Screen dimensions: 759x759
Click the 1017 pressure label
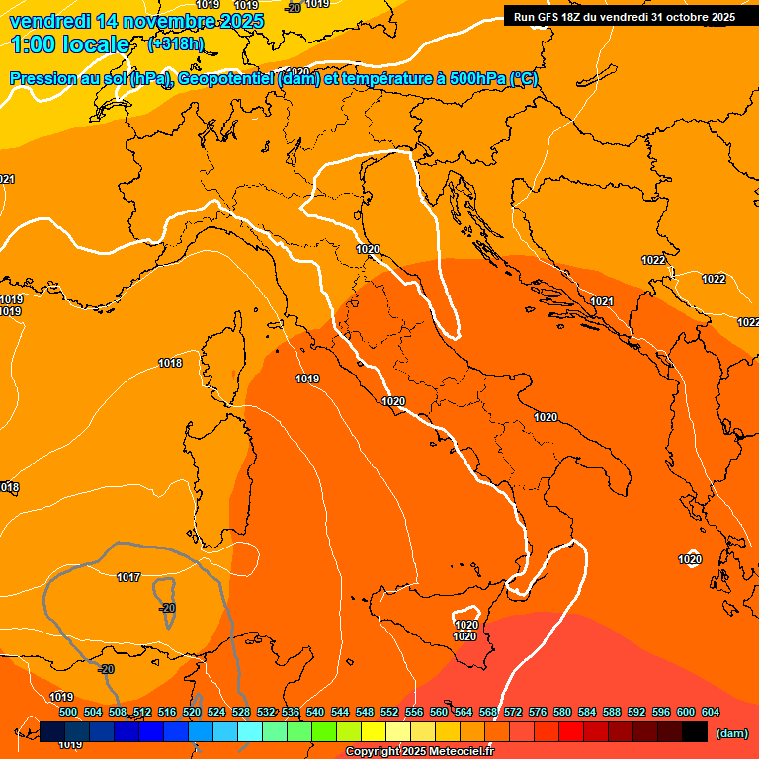click(128, 577)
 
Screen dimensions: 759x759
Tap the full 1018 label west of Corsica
click(170, 363)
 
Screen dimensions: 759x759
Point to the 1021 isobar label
click(602, 301)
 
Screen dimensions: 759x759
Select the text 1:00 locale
click(70, 44)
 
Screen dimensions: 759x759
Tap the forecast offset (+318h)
click(175, 44)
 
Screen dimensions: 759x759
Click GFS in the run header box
click(547, 17)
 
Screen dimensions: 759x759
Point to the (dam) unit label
click(731, 733)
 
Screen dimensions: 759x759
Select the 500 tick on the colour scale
click(68, 712)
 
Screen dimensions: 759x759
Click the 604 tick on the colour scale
click(711, 712)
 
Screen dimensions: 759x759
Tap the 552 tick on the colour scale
click(389, 712)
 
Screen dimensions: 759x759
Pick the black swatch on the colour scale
click(695, 732)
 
